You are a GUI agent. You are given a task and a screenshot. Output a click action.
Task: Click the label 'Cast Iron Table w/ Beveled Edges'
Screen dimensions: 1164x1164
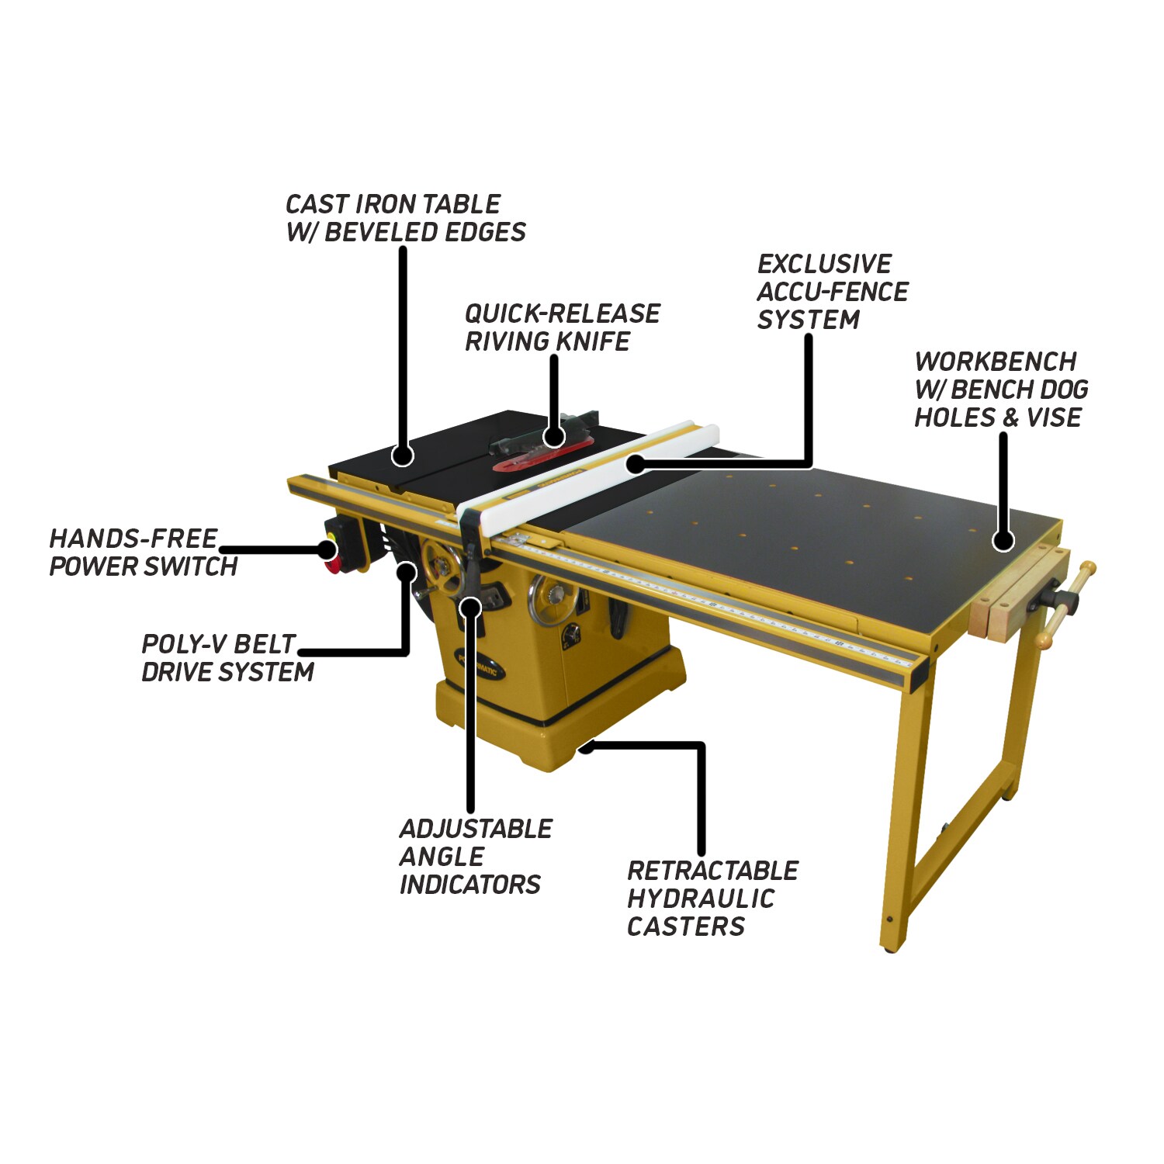(405, 218)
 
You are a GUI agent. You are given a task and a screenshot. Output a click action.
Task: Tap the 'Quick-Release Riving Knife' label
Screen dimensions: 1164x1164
(562, 327)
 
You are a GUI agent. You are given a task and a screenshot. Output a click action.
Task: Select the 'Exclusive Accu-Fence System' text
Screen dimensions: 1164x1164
(832, 292)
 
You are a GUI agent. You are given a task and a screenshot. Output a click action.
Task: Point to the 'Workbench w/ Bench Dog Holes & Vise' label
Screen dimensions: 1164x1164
(1001, 390)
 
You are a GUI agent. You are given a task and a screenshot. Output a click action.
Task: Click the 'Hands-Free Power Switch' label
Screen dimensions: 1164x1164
(143, 553)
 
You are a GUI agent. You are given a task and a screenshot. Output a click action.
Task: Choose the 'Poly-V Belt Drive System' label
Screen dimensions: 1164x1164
(227, 658)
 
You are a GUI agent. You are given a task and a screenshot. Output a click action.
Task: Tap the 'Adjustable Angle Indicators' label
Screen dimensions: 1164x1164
(476, 857)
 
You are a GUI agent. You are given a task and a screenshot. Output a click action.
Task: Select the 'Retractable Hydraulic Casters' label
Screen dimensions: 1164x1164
(712, 899)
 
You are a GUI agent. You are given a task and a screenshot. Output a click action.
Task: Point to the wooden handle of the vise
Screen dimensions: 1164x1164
(1066, 605)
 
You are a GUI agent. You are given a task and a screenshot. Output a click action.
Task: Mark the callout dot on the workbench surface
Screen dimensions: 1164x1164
(1003, 540)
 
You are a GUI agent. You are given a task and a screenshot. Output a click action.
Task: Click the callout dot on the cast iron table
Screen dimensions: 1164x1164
(402, 455)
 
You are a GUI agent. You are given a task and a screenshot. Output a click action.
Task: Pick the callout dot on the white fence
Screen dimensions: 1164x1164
(635, 464)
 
